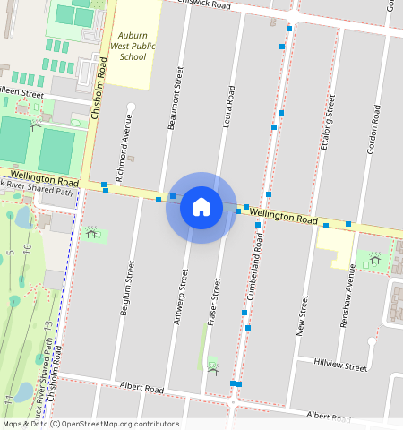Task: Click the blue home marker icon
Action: [201, 207]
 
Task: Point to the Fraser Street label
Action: [215, 301]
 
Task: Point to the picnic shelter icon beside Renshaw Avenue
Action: [374, 260]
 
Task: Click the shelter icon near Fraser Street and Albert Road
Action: [212, 366]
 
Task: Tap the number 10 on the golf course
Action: [28, 247]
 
